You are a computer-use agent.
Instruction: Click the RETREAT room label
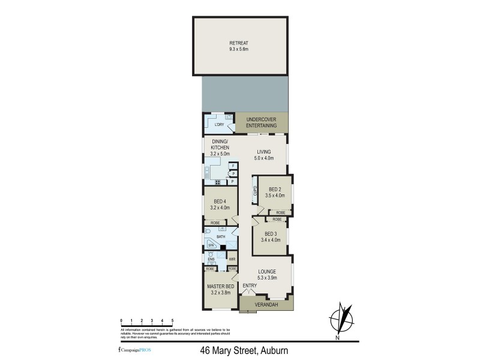(x=238, y=43)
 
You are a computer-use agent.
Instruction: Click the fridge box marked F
(x=233, y=165)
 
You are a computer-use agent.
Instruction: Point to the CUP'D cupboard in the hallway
(x=255, y=191)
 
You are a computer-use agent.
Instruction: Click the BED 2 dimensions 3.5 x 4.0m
(x=275, y=196)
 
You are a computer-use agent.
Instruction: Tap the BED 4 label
(x=220, y=201)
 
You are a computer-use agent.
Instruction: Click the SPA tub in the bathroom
(x=211, y=245)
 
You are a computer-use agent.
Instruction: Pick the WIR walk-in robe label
(x=231, y=259)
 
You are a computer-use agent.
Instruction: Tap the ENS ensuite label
(x=211, y=259)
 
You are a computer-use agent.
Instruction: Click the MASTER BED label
(x=220, y=287)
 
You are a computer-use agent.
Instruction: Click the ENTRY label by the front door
(x=250, y=286)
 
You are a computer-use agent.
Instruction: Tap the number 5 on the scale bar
(x=173, y=321)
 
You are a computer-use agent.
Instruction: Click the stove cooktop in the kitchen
(x=220, y=181)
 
